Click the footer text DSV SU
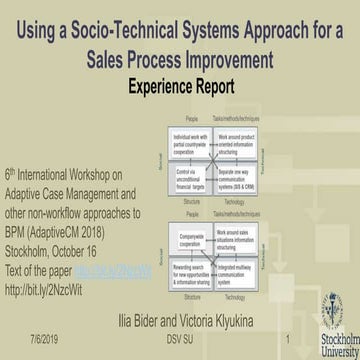(181, 339)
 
